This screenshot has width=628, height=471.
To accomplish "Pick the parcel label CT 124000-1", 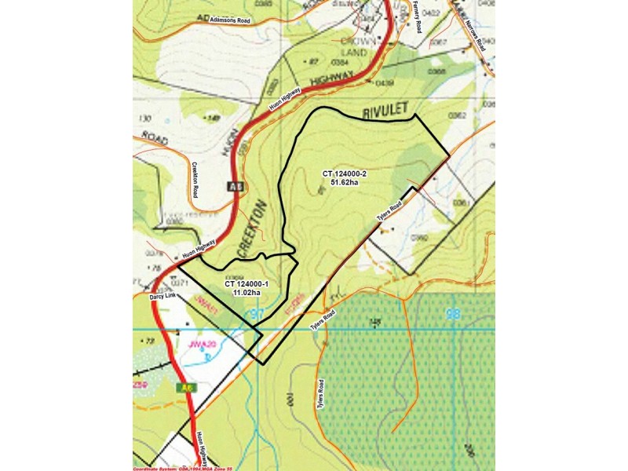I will pyautogui.click(x=246, y=284).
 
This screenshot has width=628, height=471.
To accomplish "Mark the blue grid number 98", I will pyautogui.click(x=453, y=315).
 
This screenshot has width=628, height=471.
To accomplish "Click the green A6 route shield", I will pyautogui.click(x=185, y=388).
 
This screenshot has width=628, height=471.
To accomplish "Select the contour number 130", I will pyautogui.click(x=144, y=119).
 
